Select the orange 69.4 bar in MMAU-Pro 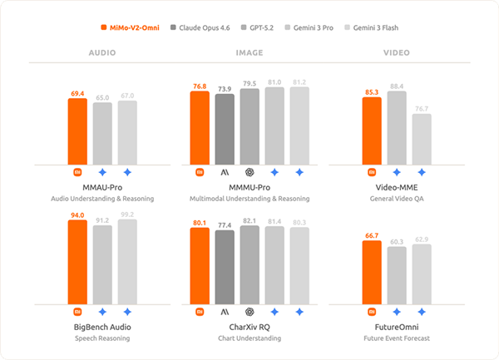pos(77,131)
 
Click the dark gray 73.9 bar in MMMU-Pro pos(225,129)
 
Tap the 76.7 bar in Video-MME pos(422,139)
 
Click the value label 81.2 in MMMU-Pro pos(299,82)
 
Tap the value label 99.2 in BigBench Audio pos(127,215)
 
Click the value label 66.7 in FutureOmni pos(373,236)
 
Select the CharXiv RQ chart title pos(249,328)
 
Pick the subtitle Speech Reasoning pos(102,338)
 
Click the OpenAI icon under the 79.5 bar pos(249,172)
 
